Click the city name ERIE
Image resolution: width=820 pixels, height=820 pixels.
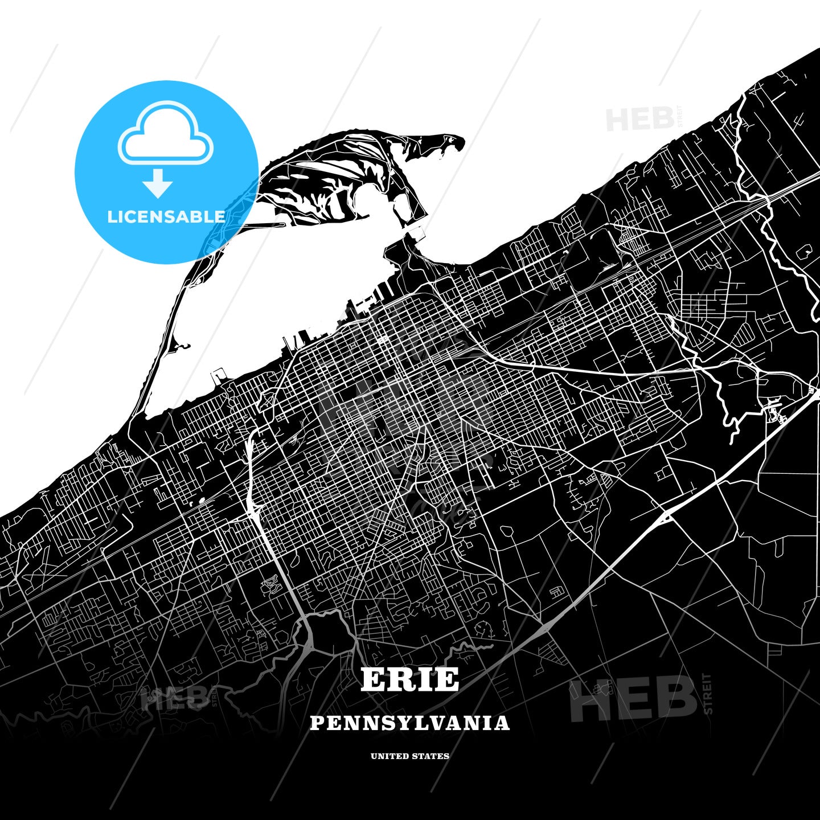tap(409, 679)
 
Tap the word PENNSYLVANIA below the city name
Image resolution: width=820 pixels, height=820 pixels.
tap(409, 723)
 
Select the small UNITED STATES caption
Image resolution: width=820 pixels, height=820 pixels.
tap(409, 756)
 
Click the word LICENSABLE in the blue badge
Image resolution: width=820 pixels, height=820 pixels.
tap(166, 217)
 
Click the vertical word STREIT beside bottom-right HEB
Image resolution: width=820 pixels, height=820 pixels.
tap(708, 694)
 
